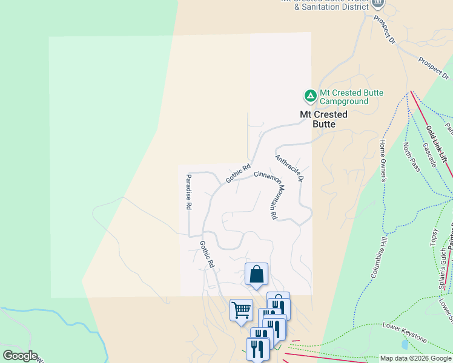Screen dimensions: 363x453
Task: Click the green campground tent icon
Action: click(x=310, y=96)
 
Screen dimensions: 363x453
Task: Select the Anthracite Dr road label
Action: click(x=289, y=169)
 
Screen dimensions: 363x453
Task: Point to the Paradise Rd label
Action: click(x=188, y=192)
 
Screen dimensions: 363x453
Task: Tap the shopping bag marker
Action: click(x=256, y=274)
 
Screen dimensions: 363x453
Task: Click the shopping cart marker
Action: click(x=241, y=310)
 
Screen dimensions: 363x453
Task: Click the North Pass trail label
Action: click(x=412, y=157)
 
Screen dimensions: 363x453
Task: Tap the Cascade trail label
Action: click(x=429, y=155)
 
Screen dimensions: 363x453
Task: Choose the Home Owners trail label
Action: click(x=383, y=160)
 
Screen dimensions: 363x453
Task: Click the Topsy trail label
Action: click(x=434, y=237)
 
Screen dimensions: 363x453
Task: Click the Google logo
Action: click(x=20, y=356)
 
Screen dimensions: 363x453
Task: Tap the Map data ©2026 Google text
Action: click(x=415, y=358)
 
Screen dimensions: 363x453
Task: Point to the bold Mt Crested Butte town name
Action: click(x=324, y=119)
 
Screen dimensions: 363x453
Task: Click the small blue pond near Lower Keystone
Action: click(x=404, y=345)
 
